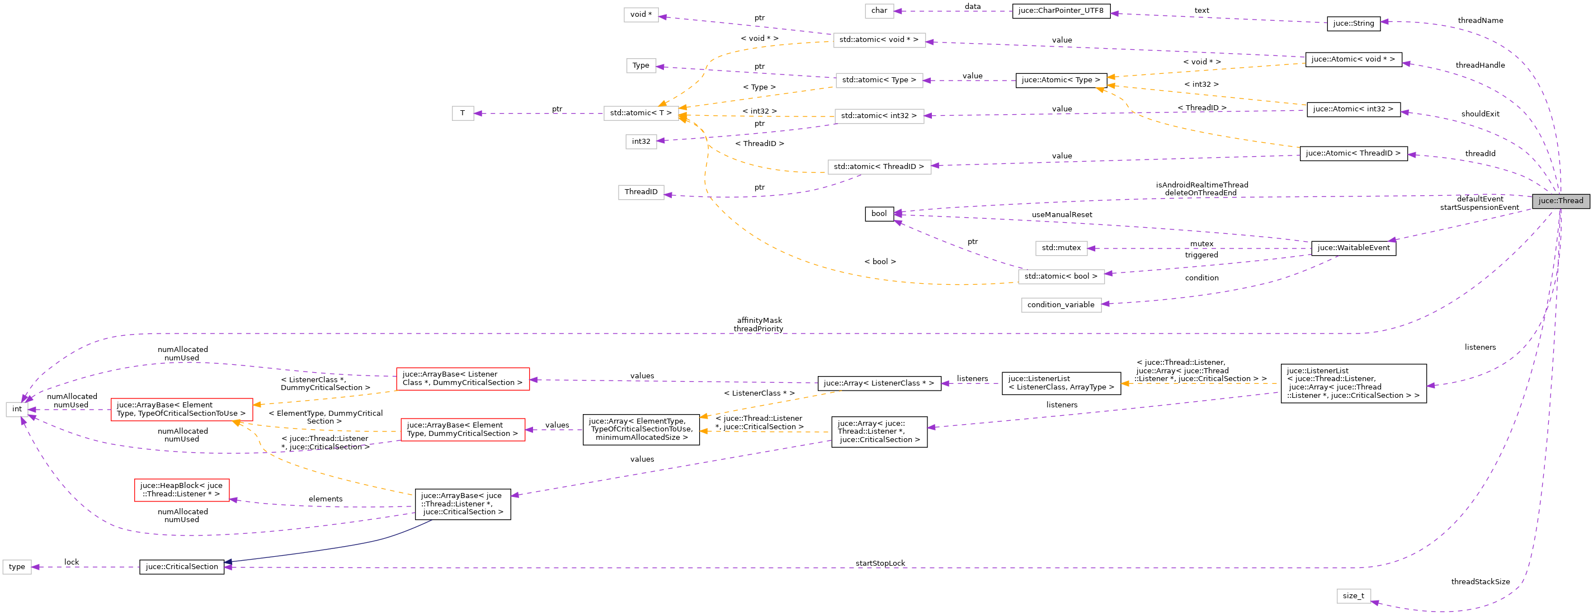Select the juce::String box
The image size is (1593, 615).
[1353, 24]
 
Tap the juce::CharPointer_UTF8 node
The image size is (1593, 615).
[1061, 11]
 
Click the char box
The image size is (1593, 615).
[879, 11]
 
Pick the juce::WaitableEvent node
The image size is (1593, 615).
[1353, 248]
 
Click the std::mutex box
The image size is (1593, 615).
[1061, 248]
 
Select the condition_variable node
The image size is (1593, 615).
[1061, 305]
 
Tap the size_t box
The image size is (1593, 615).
[1353, 596]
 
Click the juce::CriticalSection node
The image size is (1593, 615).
[182, 567]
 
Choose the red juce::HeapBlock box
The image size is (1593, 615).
[182, 490]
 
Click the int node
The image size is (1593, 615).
[17, 409]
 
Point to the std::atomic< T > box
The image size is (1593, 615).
[640, 113]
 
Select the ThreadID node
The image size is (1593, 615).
[640, 192]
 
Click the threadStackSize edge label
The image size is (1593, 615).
[1481, 581]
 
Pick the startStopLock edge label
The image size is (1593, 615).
[880, 563]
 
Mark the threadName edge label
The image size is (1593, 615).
[1481, 20]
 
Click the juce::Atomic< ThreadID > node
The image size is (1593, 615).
[1353, 153]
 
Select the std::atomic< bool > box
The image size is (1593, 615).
[1061, 276]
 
